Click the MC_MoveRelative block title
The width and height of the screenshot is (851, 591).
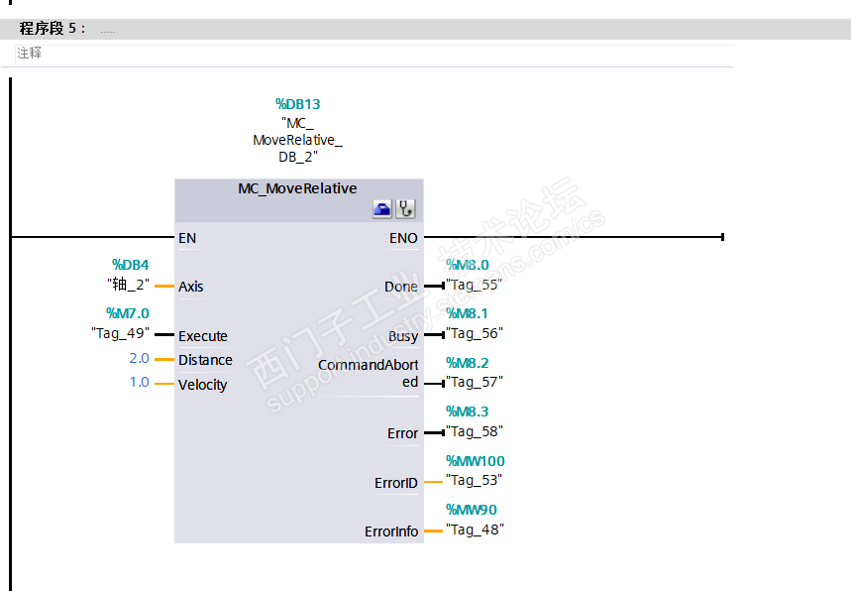[x=297, y=188]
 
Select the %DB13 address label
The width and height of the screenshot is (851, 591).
[x=297, y=104]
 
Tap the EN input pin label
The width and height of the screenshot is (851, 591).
[x=187, y=238]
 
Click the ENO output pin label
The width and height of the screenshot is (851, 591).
[x=403, y=238]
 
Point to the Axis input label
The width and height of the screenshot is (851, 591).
[x=190, y=287]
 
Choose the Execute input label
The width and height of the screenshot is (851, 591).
[x=202, y=336]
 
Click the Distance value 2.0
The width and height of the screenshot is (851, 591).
[x=139, y=358]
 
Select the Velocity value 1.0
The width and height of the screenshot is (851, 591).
[x=139, y=382]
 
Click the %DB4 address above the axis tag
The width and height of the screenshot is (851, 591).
[x=130, y=265]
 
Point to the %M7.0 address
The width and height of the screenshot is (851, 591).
[x=127, y=313]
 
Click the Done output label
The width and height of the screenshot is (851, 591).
[x=400, y=287]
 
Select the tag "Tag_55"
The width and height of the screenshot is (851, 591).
[x=474, y=284]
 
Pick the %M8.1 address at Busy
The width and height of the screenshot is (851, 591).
[x=468, y=313]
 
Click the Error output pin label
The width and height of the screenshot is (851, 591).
[x=402, y=433]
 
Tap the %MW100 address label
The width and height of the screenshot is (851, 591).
[x=475, y=461]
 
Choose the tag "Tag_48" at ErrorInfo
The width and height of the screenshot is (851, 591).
[x=475, y=530]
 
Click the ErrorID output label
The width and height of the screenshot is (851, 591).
[x=395, y=483]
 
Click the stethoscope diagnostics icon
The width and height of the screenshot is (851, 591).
[x=405, y=208]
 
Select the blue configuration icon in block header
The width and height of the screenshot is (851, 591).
[x=381, y=208]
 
